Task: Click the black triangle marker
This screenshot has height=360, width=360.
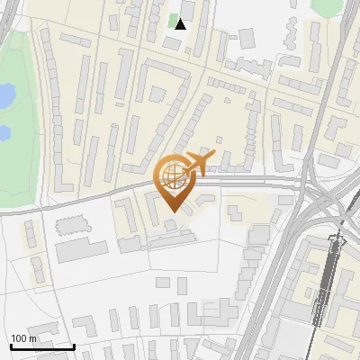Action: pos(180,23)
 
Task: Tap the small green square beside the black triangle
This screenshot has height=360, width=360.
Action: pos(173,20)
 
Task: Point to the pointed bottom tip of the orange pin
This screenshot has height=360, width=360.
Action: pos(174,212)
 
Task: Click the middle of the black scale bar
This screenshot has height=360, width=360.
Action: pos(42,346)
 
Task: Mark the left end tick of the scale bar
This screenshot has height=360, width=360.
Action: pos(11,346)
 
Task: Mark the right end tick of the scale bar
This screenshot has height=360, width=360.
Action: pos(74,346)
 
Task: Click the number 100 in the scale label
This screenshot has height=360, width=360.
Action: pos(19,338)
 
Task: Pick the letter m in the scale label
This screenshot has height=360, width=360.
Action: pos(32,339)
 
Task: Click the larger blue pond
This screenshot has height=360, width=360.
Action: pos(5,94)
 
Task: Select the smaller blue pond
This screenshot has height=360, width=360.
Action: pos(3,132)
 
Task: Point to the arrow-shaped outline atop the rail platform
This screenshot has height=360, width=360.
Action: pos(337,239)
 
